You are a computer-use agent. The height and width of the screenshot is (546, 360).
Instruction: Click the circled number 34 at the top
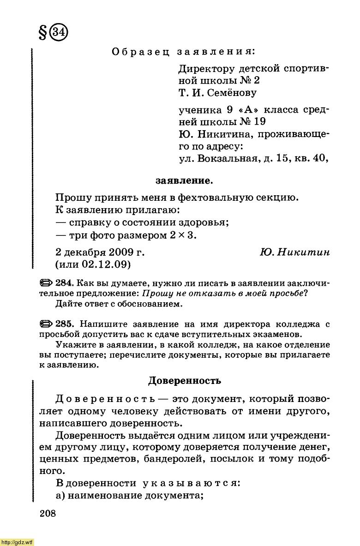click(59, 33)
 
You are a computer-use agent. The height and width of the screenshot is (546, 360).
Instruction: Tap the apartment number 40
click(320, 159)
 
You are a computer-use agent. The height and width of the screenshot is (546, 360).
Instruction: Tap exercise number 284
click(65, 282)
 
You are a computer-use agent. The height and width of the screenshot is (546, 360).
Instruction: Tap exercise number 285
click(65, 324)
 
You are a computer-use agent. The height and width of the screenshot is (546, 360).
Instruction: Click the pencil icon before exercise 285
click(47, 324)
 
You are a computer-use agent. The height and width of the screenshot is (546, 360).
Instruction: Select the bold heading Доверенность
click(184, 381)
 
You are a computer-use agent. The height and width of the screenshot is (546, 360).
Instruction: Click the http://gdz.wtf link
click(17, 542)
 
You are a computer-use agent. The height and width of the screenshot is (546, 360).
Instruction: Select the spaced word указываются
click(190, 483)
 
